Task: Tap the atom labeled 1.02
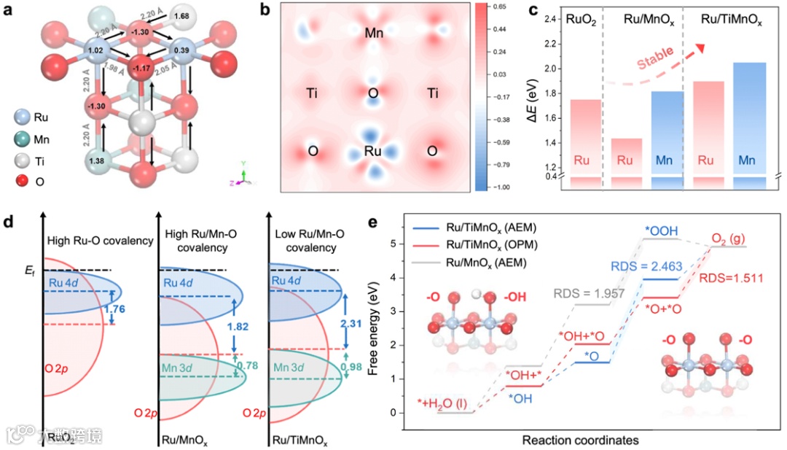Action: pyautogui.click(x=94, y=51)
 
